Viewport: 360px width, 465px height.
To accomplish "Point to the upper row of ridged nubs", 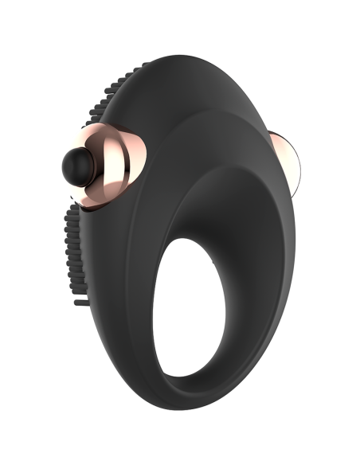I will (x=109, y=104).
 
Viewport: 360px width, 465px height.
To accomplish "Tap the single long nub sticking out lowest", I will (x=79, y=303).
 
